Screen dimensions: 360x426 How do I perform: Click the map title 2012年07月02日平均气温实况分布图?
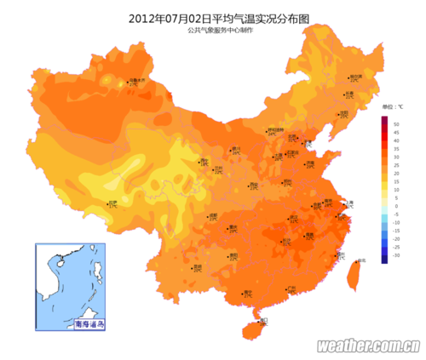213,17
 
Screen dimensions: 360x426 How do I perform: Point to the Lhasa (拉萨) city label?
113,203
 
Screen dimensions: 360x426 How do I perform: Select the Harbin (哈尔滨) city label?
356,77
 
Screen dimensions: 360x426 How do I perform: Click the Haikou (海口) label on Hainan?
262,320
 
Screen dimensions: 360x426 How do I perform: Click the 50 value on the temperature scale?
397,124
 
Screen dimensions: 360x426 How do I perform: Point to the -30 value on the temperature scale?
397,254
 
